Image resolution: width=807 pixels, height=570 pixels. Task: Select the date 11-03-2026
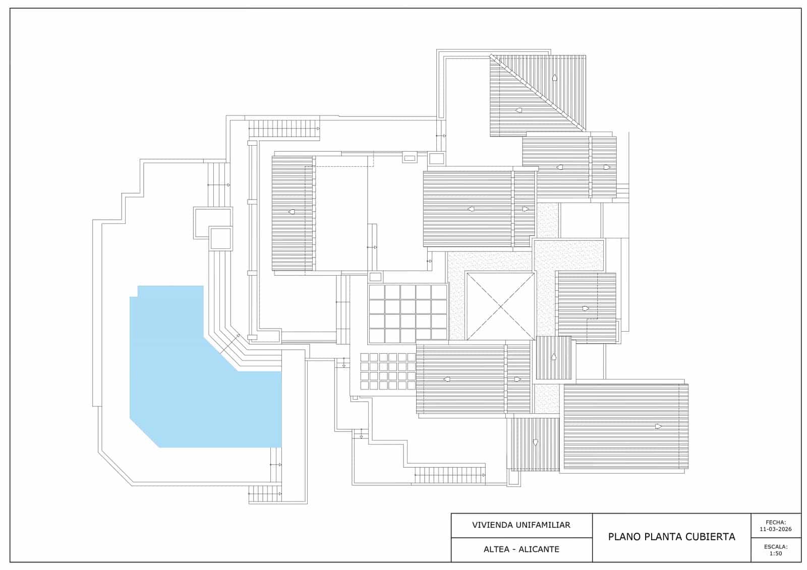coord(776,529)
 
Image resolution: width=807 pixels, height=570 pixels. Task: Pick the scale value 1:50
coord(776,554)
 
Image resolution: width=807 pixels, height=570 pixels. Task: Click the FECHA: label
coord(776,523)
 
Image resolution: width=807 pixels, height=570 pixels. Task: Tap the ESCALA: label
coord(776,547)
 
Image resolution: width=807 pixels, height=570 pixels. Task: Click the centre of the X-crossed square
coord(501,306)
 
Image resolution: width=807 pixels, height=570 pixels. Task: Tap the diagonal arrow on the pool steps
coord(230,344)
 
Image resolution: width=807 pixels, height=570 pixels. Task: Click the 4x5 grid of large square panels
coord(408,314)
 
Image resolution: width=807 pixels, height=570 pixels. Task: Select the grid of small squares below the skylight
coord(388,371)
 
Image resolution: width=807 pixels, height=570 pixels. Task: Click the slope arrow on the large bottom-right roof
coord(658,426)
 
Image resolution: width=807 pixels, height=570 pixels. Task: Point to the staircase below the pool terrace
coord(265,494)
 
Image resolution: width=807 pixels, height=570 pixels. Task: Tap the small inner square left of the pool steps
coord(220,238)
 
